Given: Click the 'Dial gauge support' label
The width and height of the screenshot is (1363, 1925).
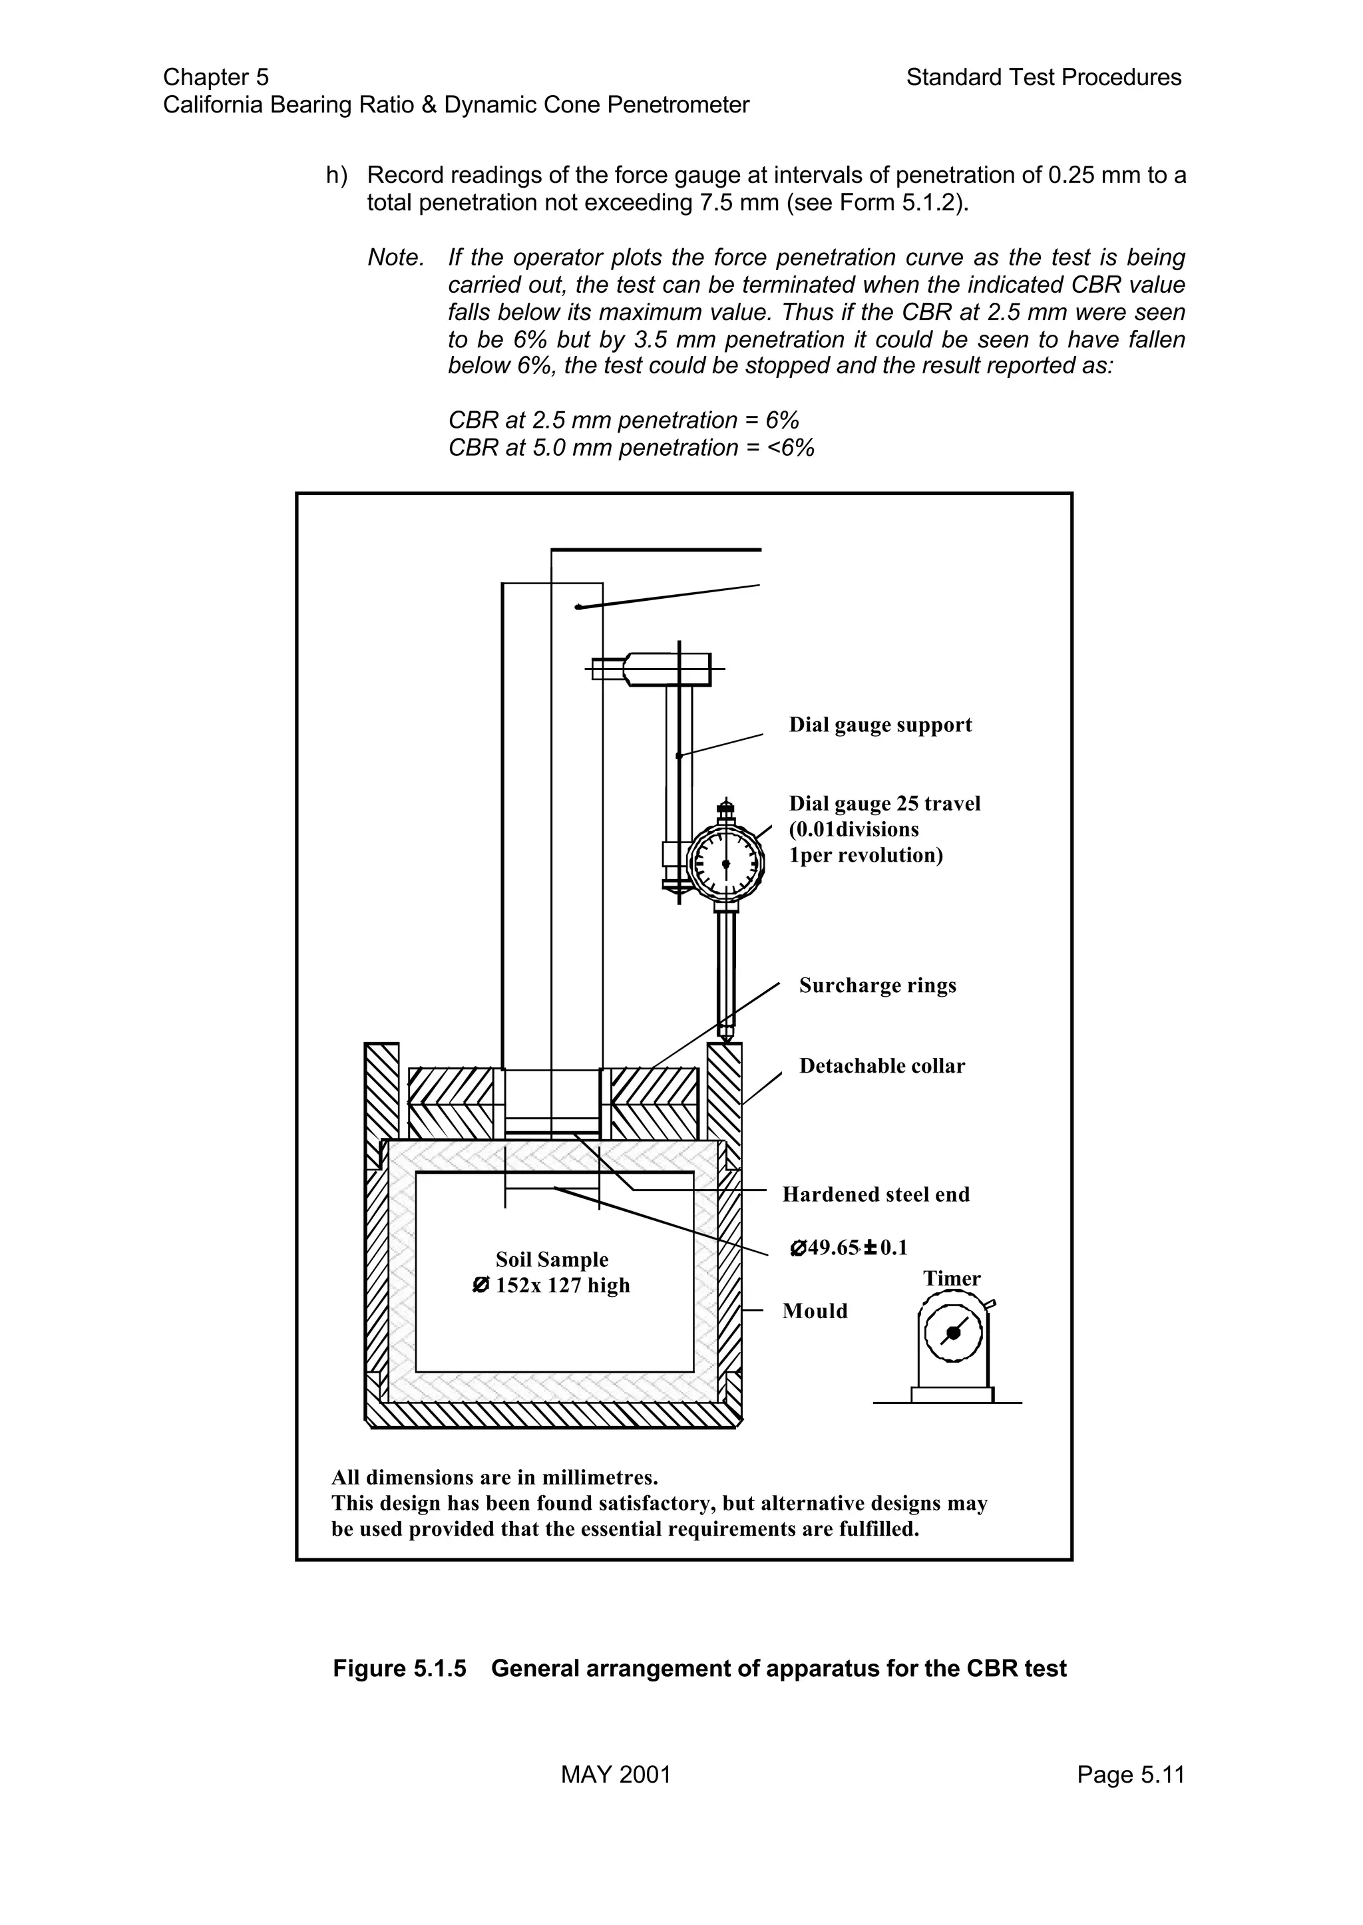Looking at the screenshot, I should [880, 725].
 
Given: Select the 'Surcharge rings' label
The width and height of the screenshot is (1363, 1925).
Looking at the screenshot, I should [877, 985].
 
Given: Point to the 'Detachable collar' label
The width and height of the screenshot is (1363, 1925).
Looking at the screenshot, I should [881, 1066].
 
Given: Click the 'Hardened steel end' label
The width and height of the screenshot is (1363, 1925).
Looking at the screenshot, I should [875, 1194].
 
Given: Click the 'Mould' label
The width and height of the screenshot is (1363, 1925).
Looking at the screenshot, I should [814, 1311].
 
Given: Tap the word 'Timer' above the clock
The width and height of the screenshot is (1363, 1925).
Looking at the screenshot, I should [952, 1278].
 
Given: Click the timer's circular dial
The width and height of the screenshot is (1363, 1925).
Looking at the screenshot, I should [952, 1333].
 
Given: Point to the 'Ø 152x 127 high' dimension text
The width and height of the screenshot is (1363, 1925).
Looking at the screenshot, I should [552, 1286].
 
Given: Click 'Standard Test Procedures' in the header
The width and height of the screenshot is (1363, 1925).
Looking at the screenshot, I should [1044, 77].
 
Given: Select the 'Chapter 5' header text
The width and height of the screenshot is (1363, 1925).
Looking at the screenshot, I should [216, 77].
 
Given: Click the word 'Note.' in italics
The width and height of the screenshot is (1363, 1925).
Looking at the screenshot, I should [395, 258].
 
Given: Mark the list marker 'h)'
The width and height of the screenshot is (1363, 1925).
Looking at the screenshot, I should [337, 176].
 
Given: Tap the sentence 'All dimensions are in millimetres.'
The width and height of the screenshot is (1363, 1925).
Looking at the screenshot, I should [494, 1478].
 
